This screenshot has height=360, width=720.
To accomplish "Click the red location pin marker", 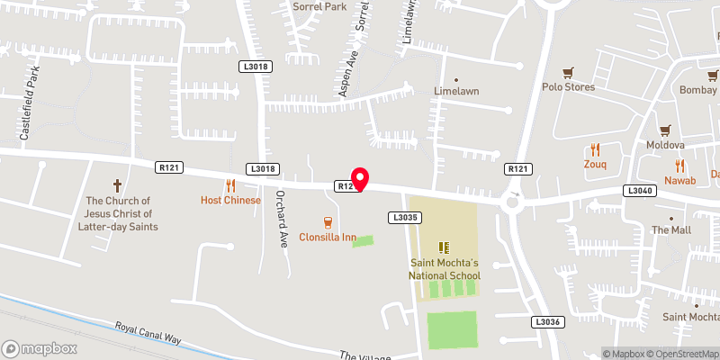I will coord(359,179).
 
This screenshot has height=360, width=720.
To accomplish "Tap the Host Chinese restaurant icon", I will coord(230,186).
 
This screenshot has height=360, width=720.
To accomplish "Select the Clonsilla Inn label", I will coord(328,238).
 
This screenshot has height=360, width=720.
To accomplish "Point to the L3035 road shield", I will coord(404,218).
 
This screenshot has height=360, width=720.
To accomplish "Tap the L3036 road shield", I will coord(546,322).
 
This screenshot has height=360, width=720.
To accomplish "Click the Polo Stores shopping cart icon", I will coord(568,73).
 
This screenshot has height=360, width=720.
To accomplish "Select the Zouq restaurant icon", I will coord(595,150).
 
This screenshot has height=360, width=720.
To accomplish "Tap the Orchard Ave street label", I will coord(282,232).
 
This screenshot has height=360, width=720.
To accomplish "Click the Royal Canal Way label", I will coord(148,333).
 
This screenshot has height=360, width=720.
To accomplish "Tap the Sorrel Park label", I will coord(319,6).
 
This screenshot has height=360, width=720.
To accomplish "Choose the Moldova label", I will coord(665,145).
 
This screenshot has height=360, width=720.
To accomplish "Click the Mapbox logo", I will coord(39,348).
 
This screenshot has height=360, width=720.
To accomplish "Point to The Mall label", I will coord(670,230).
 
